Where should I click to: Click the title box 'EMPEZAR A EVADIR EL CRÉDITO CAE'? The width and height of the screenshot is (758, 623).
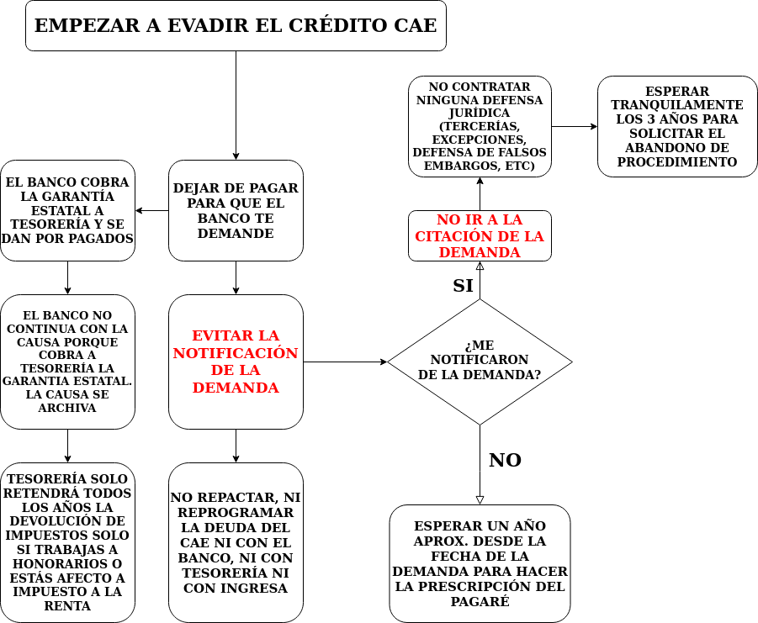(236, 25)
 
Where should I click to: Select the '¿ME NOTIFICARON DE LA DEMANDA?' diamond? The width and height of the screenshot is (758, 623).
(480, 362)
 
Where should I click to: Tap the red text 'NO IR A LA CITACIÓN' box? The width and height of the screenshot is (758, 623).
(480, 235)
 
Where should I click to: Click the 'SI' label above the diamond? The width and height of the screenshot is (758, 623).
(463, 285)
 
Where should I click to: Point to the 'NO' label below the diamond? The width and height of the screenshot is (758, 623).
(505, 460)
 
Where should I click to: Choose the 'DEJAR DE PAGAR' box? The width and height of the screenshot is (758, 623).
(236, 210)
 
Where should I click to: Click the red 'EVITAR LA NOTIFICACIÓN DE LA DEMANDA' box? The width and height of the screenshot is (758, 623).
(236, 362)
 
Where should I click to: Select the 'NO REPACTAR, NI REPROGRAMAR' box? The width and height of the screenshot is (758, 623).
(236, 542)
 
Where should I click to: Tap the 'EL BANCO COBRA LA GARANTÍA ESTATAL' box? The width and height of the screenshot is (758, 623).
(67, 210)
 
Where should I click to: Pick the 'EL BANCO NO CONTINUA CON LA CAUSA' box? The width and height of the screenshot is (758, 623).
(67, 362)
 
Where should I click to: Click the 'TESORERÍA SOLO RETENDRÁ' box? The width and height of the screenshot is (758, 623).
(67, 542)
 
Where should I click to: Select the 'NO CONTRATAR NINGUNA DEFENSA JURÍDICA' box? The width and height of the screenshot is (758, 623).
(480, 126)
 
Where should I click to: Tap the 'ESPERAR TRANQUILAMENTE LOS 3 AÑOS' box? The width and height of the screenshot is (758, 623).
(677, 126)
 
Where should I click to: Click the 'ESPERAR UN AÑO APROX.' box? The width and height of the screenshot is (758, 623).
(480, 563)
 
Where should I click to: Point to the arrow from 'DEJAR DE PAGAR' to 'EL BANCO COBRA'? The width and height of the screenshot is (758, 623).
(151, 210)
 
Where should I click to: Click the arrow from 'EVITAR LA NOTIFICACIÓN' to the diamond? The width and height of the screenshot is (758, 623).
(345, 362)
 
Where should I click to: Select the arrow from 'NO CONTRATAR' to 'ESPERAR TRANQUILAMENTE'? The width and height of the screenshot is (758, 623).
(575, 126)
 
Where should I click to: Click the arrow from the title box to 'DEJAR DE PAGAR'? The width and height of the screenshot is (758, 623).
(236, 105)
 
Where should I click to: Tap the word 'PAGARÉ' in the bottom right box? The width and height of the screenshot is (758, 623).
(480, 601)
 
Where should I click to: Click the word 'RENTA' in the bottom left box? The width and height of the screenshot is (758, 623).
(67, 605)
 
